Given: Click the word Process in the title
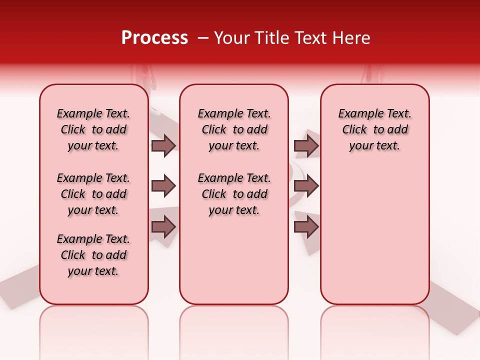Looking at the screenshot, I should pos(154,38).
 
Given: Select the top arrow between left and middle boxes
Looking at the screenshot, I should pos(163,145).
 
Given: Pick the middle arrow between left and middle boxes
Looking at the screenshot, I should pos(163,186).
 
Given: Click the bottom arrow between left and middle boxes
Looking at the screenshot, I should pos(163,227).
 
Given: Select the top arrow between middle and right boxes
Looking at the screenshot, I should pos(306,145).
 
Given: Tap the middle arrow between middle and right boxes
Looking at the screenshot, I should pos(306,186).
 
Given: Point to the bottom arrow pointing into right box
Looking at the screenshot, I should pos(306,227).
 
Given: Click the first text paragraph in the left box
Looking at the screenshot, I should pos(93,129).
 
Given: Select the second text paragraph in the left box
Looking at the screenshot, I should pos(93,194).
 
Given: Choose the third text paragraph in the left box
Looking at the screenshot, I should pos(93,255).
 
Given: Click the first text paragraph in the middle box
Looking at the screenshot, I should pos(234,129).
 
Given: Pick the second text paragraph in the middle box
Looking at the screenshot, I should pos(234,194).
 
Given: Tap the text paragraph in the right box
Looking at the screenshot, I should pos(375,129).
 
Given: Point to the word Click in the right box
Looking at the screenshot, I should pos(354,130).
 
